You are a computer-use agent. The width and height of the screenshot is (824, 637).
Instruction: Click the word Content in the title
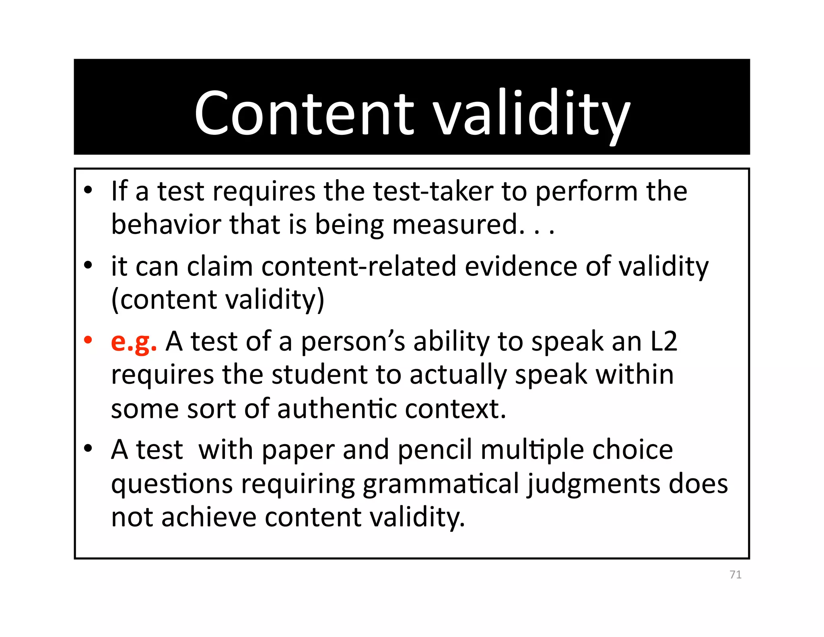(x=304, y=114)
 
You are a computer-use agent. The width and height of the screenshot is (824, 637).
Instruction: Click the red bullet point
(x=88, y=340)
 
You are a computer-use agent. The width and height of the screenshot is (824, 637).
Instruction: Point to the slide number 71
(x=735, y=575)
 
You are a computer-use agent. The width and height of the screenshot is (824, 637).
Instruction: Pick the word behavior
(x=166, y=224)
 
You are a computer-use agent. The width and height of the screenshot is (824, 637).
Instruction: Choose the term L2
(x=663, y=341)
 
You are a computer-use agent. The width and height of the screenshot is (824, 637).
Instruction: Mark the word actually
(x=458, y=375)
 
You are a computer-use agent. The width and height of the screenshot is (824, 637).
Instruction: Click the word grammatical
(x=441, y=484)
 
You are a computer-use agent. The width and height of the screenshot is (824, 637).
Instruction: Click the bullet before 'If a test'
(x=88, y=190)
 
